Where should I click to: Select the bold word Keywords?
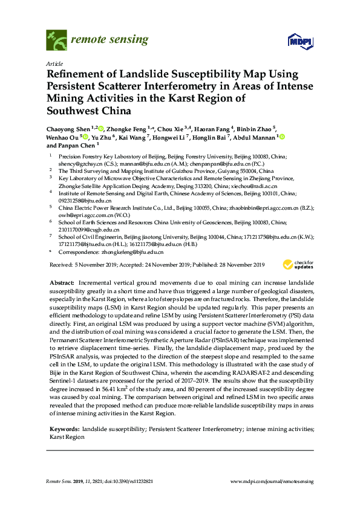pos(64,429)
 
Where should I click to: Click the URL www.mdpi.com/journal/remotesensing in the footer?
pos(272,481)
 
